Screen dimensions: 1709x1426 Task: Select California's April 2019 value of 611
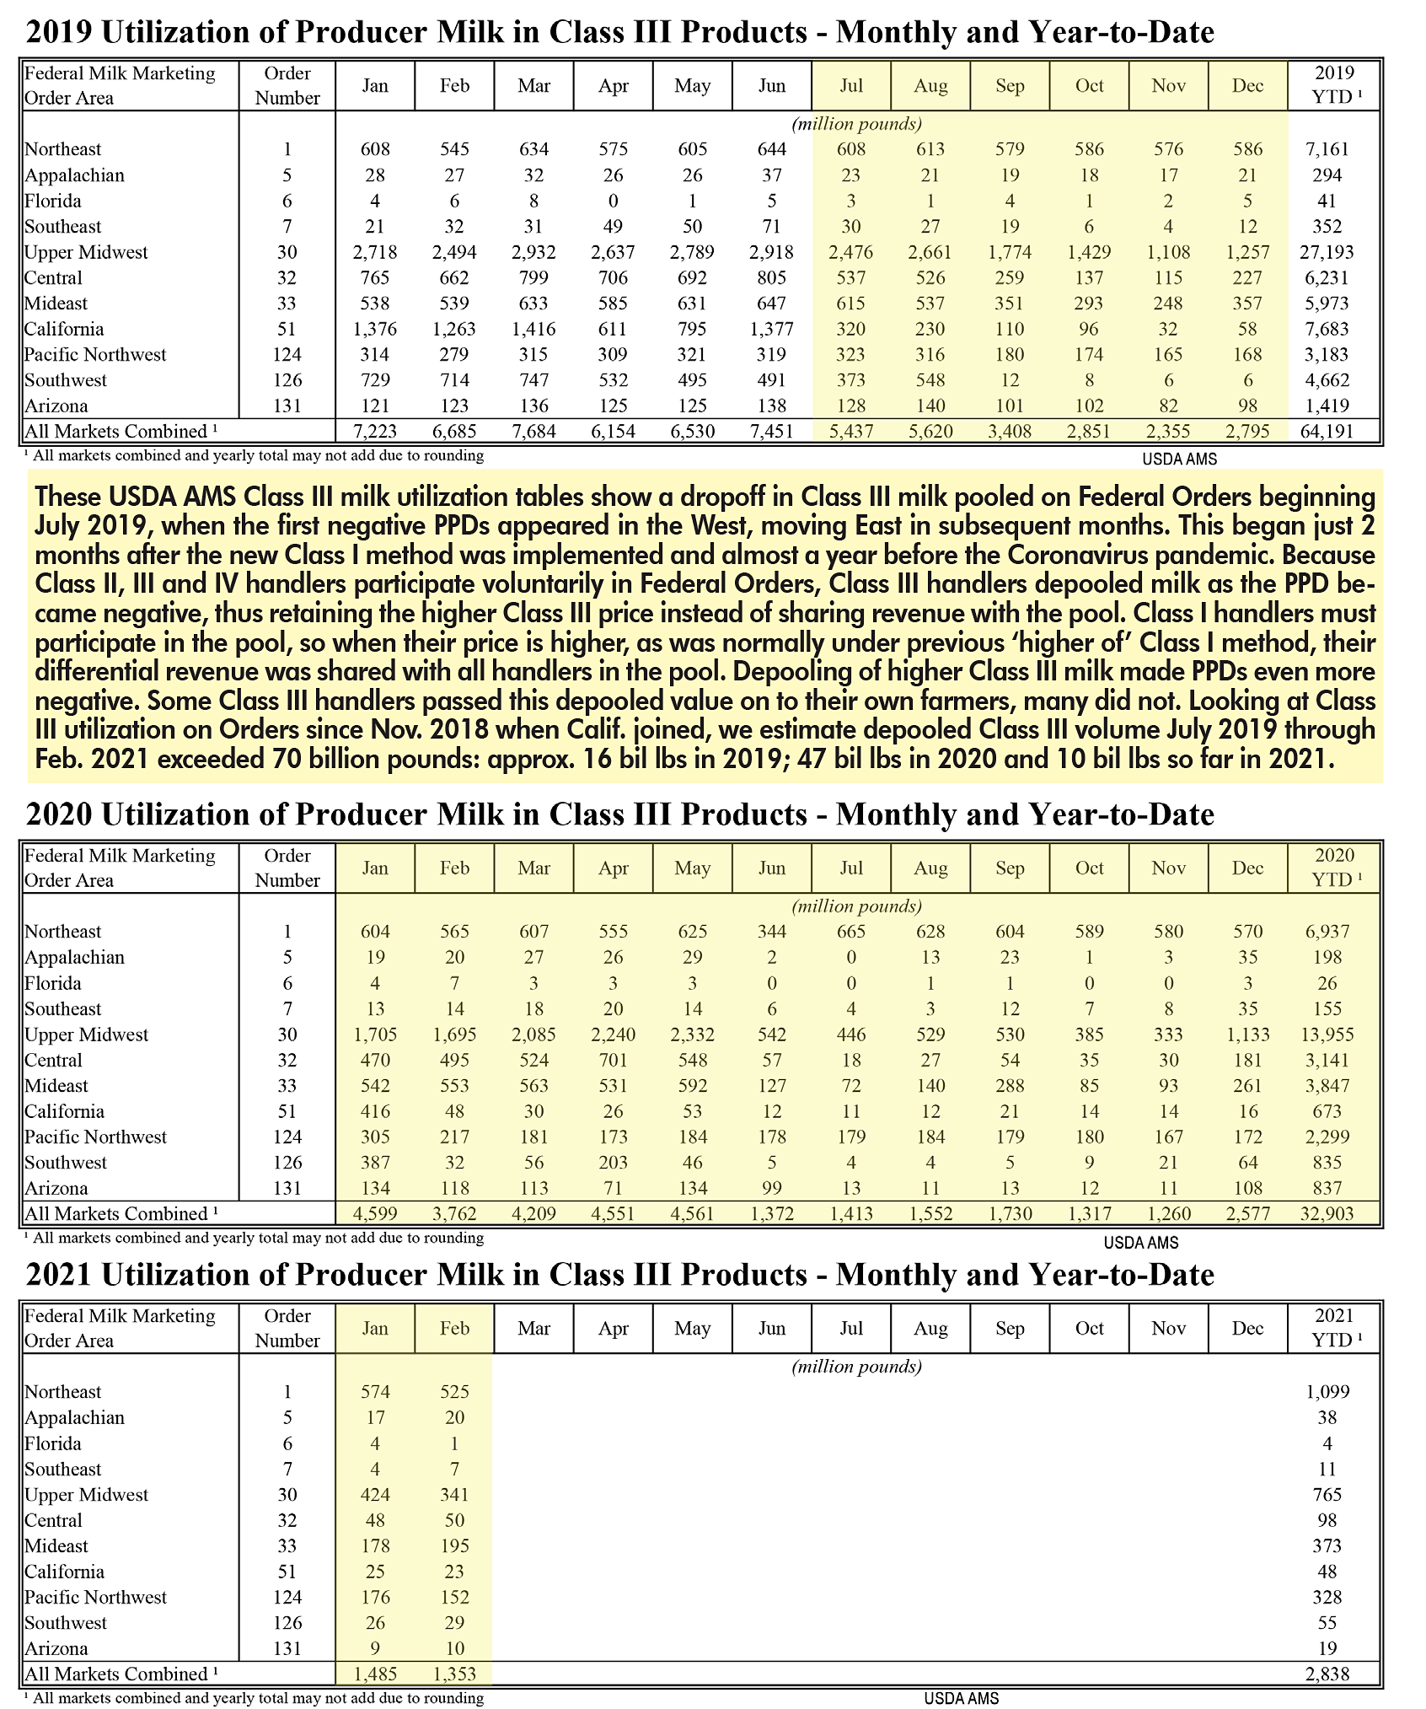click(x=613, y=329)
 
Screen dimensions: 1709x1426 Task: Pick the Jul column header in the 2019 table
click(x=851, y=85)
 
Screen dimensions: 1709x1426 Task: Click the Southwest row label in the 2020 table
click(x=66, y=1163)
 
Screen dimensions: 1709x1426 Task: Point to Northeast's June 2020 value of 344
click(x=771, y=932)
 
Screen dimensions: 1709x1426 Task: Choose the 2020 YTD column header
click(x=1333, y=868)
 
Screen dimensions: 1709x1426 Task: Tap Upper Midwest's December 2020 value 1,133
click(x=1247, y=1035)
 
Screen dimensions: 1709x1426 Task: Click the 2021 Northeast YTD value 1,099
click(x=1327, y=1392)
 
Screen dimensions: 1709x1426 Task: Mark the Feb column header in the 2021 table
click(x=454, y=1328)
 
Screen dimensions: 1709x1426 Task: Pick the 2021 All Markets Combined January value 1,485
click(x=375, y=1674)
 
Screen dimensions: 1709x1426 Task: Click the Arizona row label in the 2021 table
click(x=56, y=1648)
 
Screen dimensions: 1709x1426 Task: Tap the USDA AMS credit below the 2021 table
click(x=961, y=1699)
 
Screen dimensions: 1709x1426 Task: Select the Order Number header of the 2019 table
click(x=287, y=85)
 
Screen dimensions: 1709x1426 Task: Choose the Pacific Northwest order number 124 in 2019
click(x=287, y=355)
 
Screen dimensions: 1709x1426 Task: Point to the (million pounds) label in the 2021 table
click(x=857, y=1367)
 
